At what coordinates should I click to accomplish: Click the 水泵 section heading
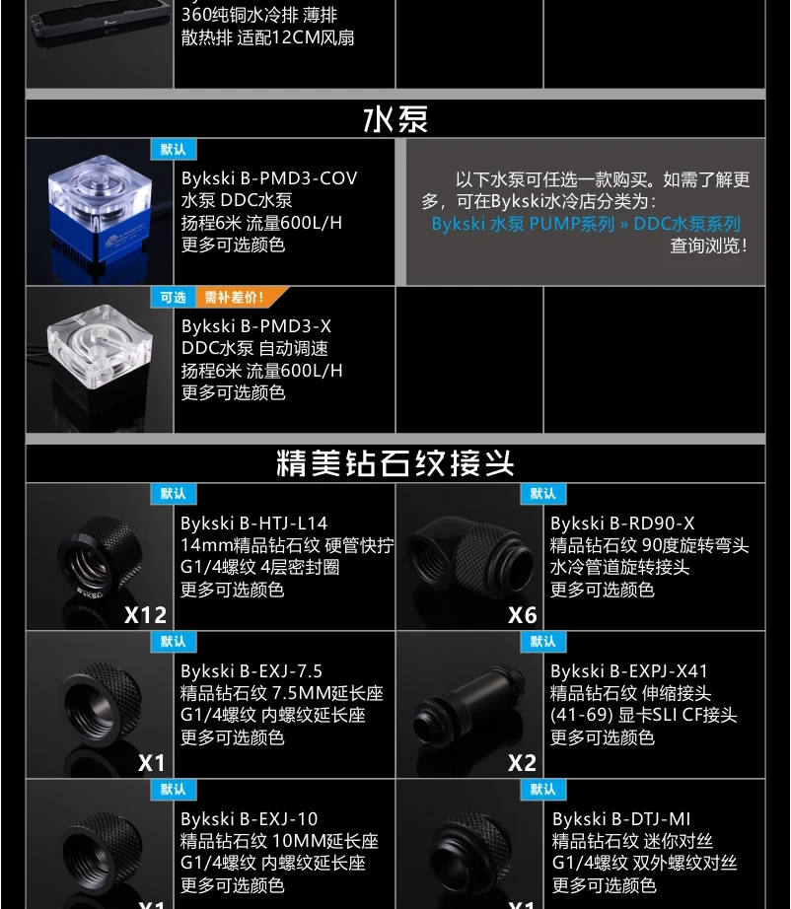pos(395,119)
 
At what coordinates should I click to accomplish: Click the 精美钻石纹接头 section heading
pos(395,463)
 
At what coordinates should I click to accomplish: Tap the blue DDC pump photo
pos(100,212)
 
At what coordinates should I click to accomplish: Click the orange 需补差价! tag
pos(239,298)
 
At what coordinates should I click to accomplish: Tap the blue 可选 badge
pos(174,298)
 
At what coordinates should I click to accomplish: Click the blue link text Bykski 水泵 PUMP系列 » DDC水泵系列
pos(586,224)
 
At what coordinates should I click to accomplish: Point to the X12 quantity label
pos(146,615)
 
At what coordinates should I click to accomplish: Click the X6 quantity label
pos(523,615)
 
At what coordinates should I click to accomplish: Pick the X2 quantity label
pos(523,763)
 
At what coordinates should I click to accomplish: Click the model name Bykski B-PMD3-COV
pos(269,178)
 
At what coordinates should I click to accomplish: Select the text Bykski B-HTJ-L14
pos(254,524)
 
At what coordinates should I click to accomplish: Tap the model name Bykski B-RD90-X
pos(622,524)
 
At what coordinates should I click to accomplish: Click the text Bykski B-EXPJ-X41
pos(629,671)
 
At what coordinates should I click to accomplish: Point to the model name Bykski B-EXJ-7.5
pos(252,671)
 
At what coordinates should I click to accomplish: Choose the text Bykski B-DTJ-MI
pos(621,819)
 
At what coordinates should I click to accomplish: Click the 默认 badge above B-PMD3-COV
pos(174,150)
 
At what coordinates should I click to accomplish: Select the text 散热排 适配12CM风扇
pos(267,37)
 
